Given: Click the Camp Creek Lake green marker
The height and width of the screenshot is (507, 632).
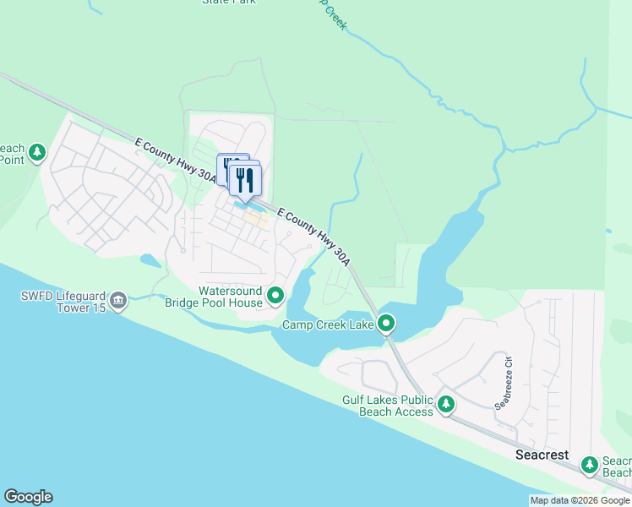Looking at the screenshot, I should point(386,323).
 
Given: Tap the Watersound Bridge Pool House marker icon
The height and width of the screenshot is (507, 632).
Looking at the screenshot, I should point(275,296).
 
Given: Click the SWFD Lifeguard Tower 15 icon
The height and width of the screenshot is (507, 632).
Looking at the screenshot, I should point(117,301).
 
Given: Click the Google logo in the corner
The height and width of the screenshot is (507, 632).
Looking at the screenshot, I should point(28,497).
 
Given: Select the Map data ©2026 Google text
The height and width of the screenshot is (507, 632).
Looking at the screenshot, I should point(580,500).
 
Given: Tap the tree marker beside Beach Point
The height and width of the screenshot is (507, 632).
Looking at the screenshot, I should point(36,152).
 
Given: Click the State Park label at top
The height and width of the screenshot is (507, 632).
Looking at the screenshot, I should point(228,3).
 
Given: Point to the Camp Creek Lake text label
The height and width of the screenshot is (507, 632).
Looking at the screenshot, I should point(328,324).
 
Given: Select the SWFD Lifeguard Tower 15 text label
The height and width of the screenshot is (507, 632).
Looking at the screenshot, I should point(63,302).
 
